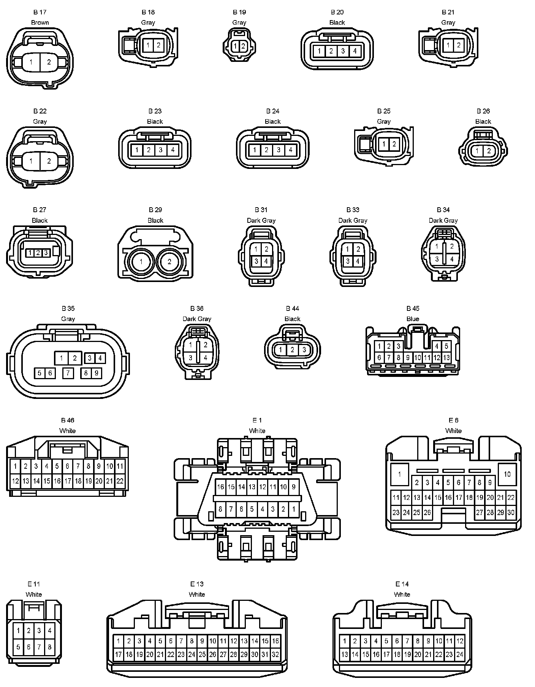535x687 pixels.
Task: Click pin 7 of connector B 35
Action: pyautogui.click(x=68, y=373)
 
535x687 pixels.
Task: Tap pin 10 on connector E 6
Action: pyautogui.click(x=507, y=474)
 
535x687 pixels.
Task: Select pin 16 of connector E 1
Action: pyautogui.click(x=220, y=487)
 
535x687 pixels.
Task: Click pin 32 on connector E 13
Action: pyautogui.click(x=275, y=654)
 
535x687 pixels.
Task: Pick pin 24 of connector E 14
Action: pyautogui.click(x=460, y=654)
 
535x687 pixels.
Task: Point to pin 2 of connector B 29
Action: pyautogui.click(x=169, y=262)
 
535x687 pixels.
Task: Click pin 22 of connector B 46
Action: pyautogui.click(x=120, y=481)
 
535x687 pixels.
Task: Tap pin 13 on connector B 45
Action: pyautogui.click(x=446, y=358)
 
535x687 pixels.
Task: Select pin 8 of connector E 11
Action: pyautogui.click(x=49, y=647)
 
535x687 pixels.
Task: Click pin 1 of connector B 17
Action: pyautogui.click(x=31, y=62)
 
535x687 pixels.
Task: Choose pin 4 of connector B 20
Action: pyautogui.click(x=355, y=51)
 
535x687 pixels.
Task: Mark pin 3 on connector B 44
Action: pyautogui.click(x=304, y=350)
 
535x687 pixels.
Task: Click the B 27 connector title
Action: pyautogui.click(x=40, y=210)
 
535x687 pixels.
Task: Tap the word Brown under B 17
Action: pyautogui.click(x=40, y=23)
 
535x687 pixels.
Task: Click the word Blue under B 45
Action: pyautogui.click(x=413, y=319)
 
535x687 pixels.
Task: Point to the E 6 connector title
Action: pyautogui.click(x=453, y=420)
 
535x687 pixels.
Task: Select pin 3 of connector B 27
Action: pyautogui.click(x=46, y=252)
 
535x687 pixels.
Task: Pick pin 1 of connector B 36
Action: pyautogui.click(x=191, y=345)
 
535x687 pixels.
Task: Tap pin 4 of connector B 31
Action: pyautogui.click(x=266, y=261)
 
